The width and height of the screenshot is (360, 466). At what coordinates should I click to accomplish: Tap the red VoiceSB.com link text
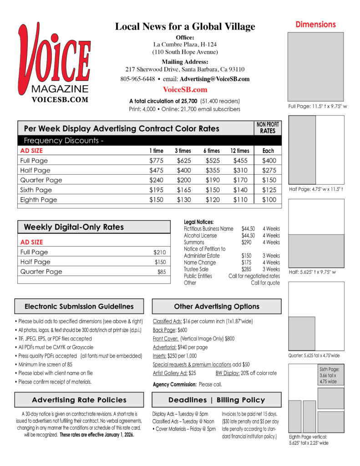[185, 90]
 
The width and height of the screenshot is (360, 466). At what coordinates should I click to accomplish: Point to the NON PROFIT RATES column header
[268, 127]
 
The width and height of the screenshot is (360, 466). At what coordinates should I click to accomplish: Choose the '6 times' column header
[212, 151]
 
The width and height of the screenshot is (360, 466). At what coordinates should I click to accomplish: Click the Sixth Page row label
[36, 190]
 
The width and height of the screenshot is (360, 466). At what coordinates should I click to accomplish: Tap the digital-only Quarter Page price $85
[162, 272]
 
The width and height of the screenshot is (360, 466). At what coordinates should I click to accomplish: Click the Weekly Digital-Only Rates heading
[73, 227]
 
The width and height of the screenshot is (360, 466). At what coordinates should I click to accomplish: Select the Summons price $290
[247, 243]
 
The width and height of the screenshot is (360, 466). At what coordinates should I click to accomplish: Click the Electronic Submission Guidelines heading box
[79, 306]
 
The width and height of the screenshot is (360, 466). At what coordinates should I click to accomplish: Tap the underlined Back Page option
[163, 330]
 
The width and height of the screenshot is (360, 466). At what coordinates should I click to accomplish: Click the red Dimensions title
[315, 25]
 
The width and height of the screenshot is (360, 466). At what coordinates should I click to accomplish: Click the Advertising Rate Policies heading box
[79, 400]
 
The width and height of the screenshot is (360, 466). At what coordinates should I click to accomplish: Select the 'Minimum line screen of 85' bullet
[46, 365]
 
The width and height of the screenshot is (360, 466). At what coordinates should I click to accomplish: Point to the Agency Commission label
[175, 385]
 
